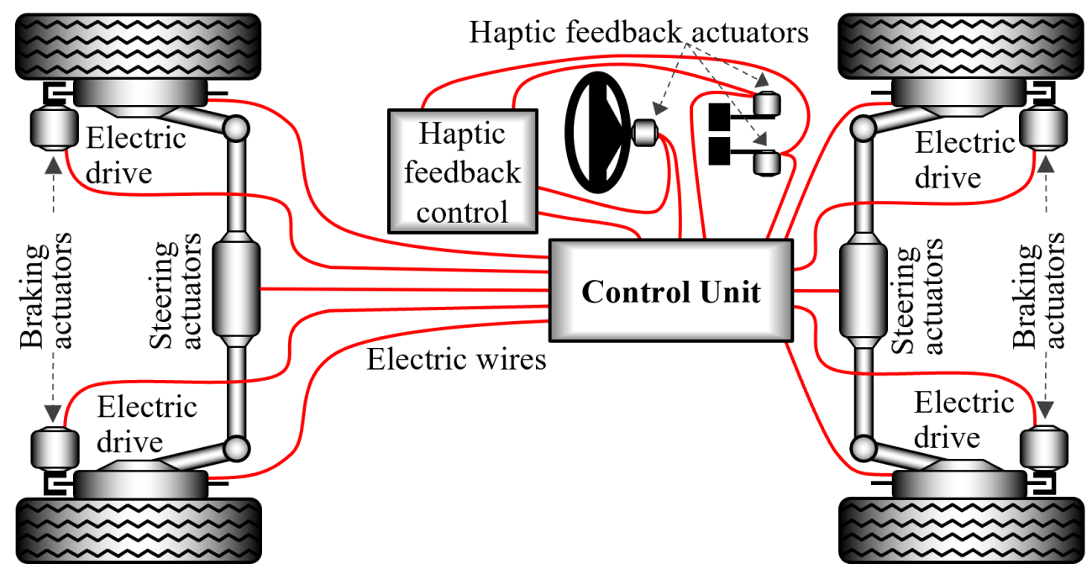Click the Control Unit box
[x=671, y=290]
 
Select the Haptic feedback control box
[x=463, y=171]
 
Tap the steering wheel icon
[x=598, y=132]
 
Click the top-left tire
[x=138, y=46]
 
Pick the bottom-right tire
[x=961, y=530]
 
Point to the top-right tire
[x=961, y=46]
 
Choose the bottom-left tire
[x=139, y=530]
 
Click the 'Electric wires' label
[x=456, y=360]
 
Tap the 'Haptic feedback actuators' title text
[x=638, y=32]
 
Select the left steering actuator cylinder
[x=236, y=290]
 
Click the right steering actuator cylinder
[x=864, y=290]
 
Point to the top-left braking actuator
[x=54, y=129]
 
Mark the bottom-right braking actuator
[x=1044, y=448]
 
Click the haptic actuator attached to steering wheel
[x=644, y=133]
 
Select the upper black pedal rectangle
[x=719, y=117]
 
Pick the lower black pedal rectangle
[x=719, y=150]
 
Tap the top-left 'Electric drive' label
[x=136, y=155]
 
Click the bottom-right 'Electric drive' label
[x=964, y=419]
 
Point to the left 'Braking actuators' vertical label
[x=46, y=291]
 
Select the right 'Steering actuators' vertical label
[x=916, y=296]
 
